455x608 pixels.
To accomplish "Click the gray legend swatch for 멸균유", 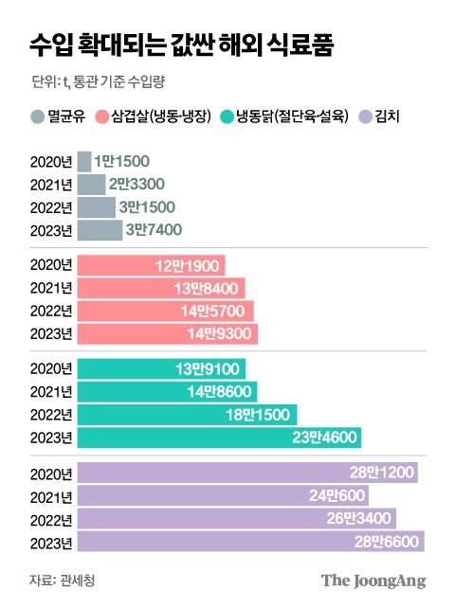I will click(37, 118).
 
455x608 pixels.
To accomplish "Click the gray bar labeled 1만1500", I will click(84, 162).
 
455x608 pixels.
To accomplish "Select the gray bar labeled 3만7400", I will click(100, 229).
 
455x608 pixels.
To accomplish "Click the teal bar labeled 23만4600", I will click(219, 438).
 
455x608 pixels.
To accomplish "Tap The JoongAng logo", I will click(372, 581).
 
